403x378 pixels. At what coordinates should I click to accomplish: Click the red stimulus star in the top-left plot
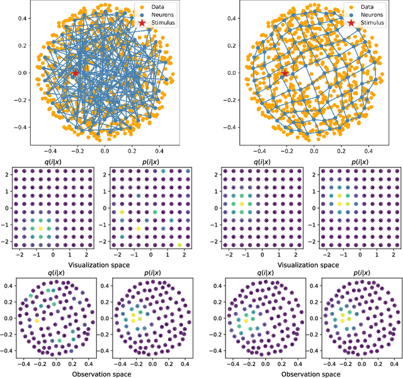click(x=76, y=73)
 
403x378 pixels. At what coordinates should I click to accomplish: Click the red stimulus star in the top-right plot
click(x=285, y=73)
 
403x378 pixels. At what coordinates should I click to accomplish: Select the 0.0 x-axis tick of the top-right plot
click(x=313, y=152)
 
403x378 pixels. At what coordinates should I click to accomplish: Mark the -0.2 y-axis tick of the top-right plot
click(x=221, y=99)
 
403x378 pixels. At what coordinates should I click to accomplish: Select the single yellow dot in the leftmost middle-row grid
click(x=40, y=228)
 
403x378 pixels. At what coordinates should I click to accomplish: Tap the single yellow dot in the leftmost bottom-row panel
click(x=36, y=321)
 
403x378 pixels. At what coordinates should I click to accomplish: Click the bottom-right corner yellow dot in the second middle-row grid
click(x=180, y=245)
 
